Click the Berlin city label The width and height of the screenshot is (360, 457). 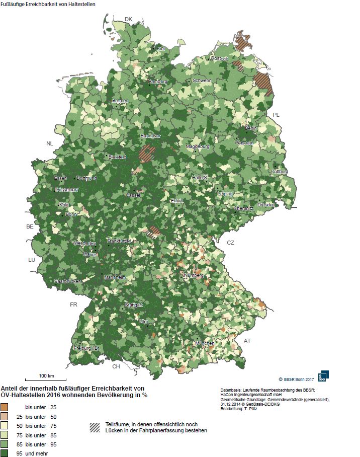[251, 129]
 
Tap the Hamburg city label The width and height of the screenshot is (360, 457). [157, 82]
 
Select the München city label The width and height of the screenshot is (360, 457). [205, 343]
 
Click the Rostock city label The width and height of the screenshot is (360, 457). [219, 59]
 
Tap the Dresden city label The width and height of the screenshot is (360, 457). [266, 205]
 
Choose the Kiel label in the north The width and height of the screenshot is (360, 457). [161, 49]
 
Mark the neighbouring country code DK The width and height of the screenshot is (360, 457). [128, 19]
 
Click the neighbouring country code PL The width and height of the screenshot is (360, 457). [276, 115]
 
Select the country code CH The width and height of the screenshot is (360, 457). [116, 366]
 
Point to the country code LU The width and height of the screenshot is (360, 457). [32, 260]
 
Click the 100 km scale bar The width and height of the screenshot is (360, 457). [47, 379]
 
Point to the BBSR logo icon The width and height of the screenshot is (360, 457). [324, 375]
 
